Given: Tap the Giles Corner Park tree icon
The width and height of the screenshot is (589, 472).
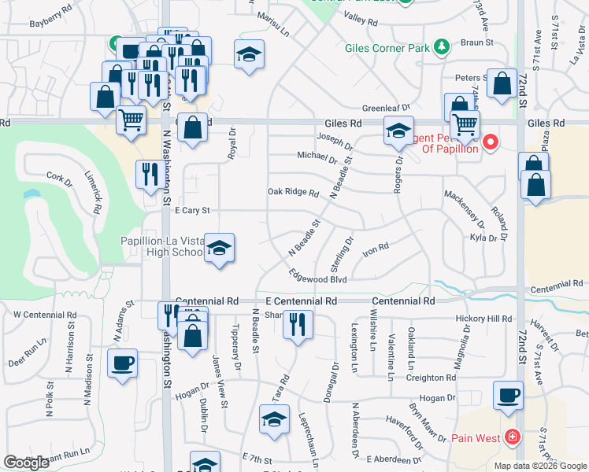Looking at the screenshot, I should (442, 47).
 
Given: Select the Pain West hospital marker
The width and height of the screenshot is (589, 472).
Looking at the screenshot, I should (513, 436).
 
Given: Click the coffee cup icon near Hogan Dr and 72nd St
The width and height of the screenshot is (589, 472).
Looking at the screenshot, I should (508, 394).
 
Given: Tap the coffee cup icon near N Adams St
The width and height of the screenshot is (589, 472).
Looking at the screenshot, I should (122, 363).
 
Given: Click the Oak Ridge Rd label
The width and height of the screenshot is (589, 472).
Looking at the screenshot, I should (293, 192).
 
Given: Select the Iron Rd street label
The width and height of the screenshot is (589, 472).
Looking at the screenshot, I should (376, 249).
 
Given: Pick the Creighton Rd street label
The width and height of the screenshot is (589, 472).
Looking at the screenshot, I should (431, 378).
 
